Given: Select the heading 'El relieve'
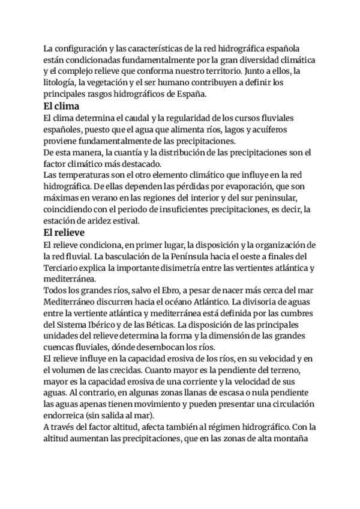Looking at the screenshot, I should coord(64,232).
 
